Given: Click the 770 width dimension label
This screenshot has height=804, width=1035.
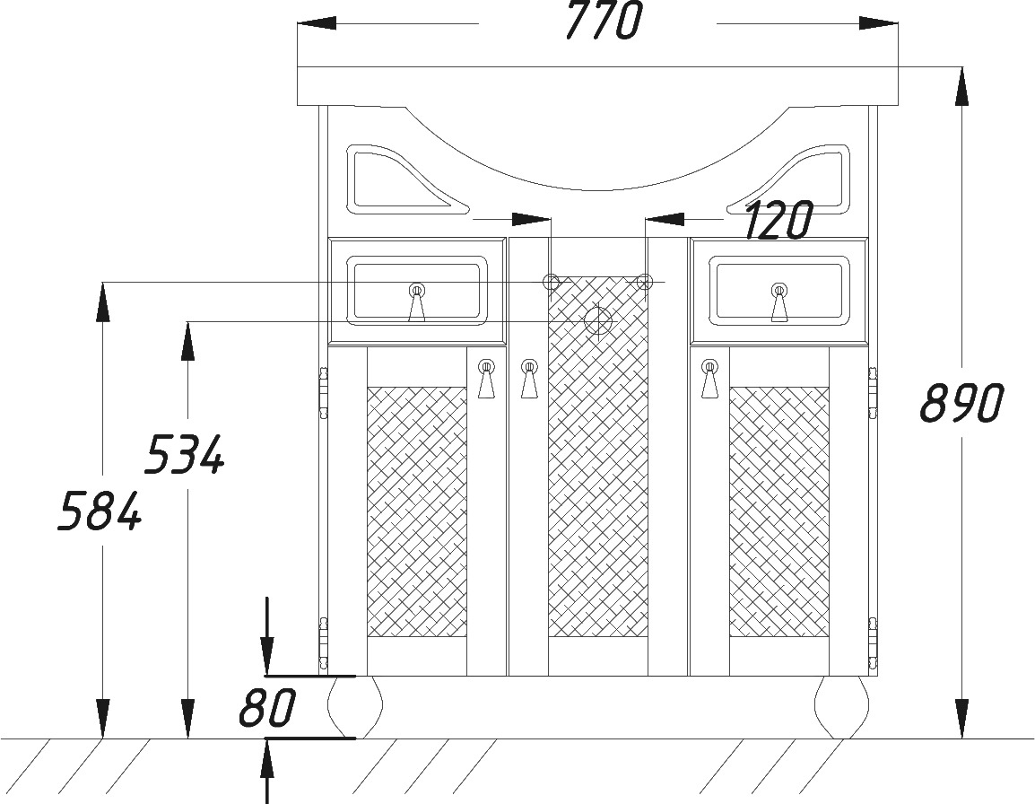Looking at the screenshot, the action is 604,22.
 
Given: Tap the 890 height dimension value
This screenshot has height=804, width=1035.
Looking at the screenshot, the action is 961,402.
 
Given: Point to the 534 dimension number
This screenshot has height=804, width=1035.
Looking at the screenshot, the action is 185,454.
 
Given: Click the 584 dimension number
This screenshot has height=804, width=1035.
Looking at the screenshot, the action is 100,511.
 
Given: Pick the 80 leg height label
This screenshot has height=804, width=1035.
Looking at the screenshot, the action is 267,707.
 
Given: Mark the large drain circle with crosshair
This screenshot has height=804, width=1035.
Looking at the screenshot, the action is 598,321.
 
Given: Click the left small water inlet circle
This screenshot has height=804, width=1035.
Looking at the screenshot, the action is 551,282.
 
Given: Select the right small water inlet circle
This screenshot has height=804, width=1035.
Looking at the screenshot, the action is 645,282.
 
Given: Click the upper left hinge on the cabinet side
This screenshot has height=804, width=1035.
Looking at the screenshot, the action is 324,394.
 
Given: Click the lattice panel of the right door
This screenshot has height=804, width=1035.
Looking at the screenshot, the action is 778,512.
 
